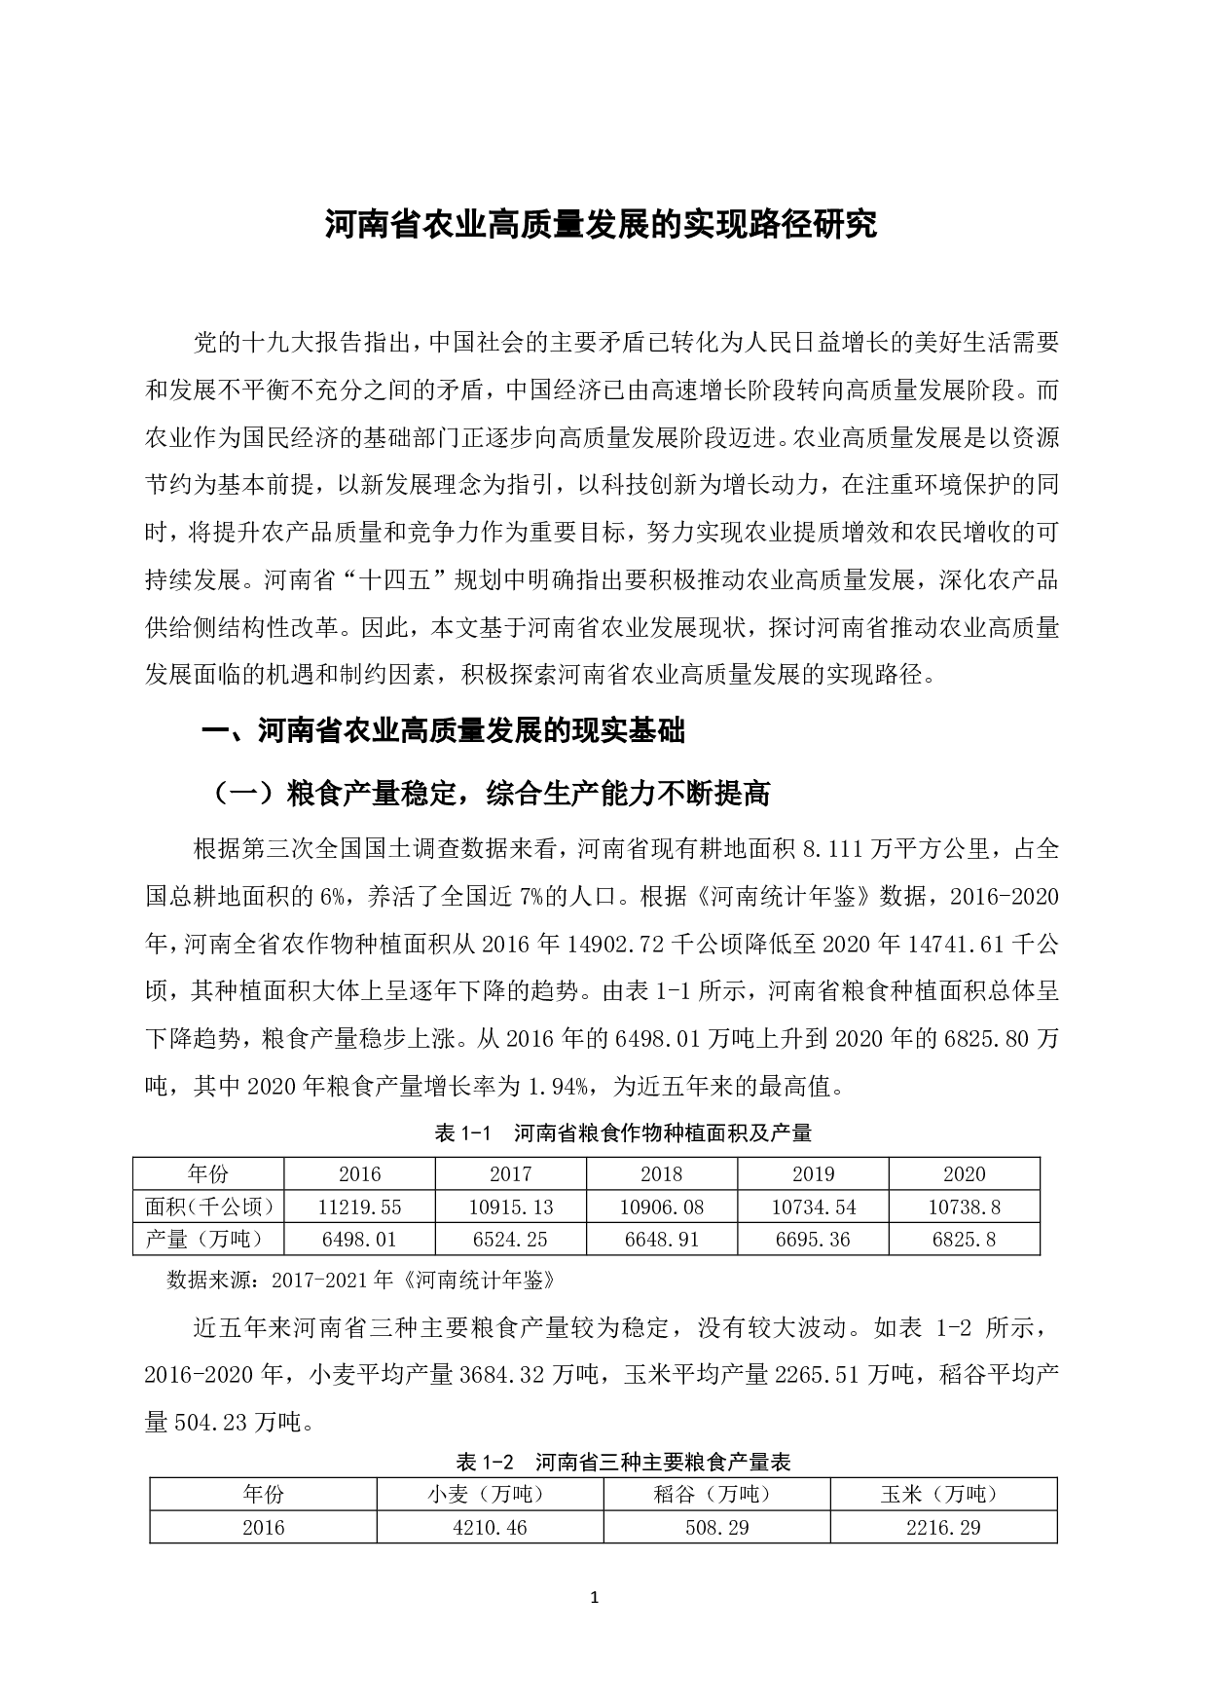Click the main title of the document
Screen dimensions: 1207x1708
[x=601, y=225]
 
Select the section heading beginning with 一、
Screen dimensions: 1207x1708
[x=443, y=731]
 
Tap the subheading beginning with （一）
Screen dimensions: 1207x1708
[x=491, y=794]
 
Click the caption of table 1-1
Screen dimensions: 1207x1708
[x=623, y=1132]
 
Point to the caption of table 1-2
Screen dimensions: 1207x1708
[x=623, y=1462]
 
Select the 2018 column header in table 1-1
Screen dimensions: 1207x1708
[x=662, y=1173]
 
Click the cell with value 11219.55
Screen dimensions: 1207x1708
[x=359, y=1207]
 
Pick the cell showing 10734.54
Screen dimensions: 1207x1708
[x=814, y=1207]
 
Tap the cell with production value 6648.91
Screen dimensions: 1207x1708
[x=662, y=1240]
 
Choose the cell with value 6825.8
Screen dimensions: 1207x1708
[x=964, y=1240]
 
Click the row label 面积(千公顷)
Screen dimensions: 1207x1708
[x=208, y=1207]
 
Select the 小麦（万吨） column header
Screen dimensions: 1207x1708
[x=490, y=1494]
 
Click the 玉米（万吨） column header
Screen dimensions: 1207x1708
[x=943, y=1494]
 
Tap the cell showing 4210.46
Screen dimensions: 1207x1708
[x=490, y=1527]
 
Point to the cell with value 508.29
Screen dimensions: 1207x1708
[x=716, y=1527]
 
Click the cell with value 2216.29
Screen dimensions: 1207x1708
[x=943, y=1527]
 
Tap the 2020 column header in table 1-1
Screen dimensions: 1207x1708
[x=964, y=1173]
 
